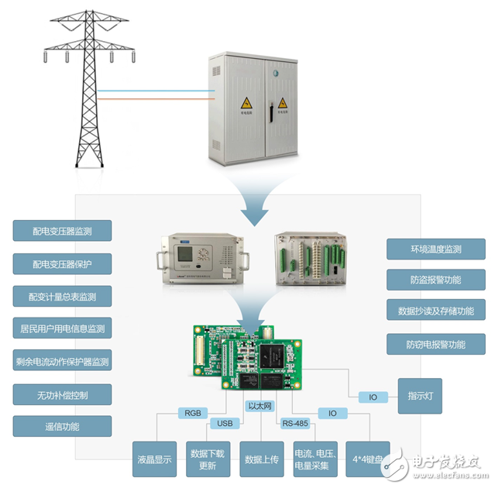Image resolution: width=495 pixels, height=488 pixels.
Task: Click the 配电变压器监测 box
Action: click(x=62, y=231)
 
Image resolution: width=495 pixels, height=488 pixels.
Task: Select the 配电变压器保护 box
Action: click(x=62, y=263)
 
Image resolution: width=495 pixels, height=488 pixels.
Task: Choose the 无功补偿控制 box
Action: click(x=62, y=395)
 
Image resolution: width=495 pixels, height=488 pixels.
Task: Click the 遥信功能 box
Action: click(x=62, y=426)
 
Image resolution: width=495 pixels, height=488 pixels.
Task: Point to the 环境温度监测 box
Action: click(x=435, y=249)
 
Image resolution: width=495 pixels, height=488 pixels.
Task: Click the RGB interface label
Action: click(x=191, y=412)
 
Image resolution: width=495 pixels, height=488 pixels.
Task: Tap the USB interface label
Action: click(x=225, y=424)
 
